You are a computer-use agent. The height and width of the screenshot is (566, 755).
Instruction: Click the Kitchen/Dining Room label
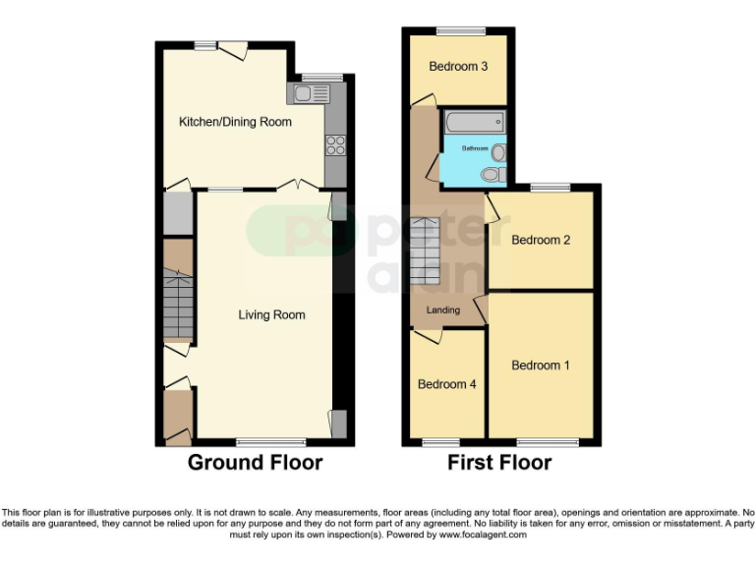click(x=235, y=122)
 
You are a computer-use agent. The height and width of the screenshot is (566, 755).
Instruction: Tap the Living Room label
click(x=271, y=314)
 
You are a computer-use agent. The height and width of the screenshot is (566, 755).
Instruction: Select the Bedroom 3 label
click(x=458, y=67)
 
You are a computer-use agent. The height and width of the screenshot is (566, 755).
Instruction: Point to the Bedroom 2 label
click(x=541, y=240)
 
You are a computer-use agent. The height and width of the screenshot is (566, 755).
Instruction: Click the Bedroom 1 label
click(x=541, y=365)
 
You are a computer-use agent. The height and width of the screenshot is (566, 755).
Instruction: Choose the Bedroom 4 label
click(x=447, y=384)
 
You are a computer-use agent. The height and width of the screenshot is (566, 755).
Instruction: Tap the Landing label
click(x=442, y=310)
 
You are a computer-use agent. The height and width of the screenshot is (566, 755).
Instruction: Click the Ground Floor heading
click(x=255, y=463)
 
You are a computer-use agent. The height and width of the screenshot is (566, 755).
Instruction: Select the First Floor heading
click(x=499, y=463)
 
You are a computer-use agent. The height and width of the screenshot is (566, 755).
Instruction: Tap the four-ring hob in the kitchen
click(x=334, y=145)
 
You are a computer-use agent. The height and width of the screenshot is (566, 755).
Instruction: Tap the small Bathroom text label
click(x=475, y=148)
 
